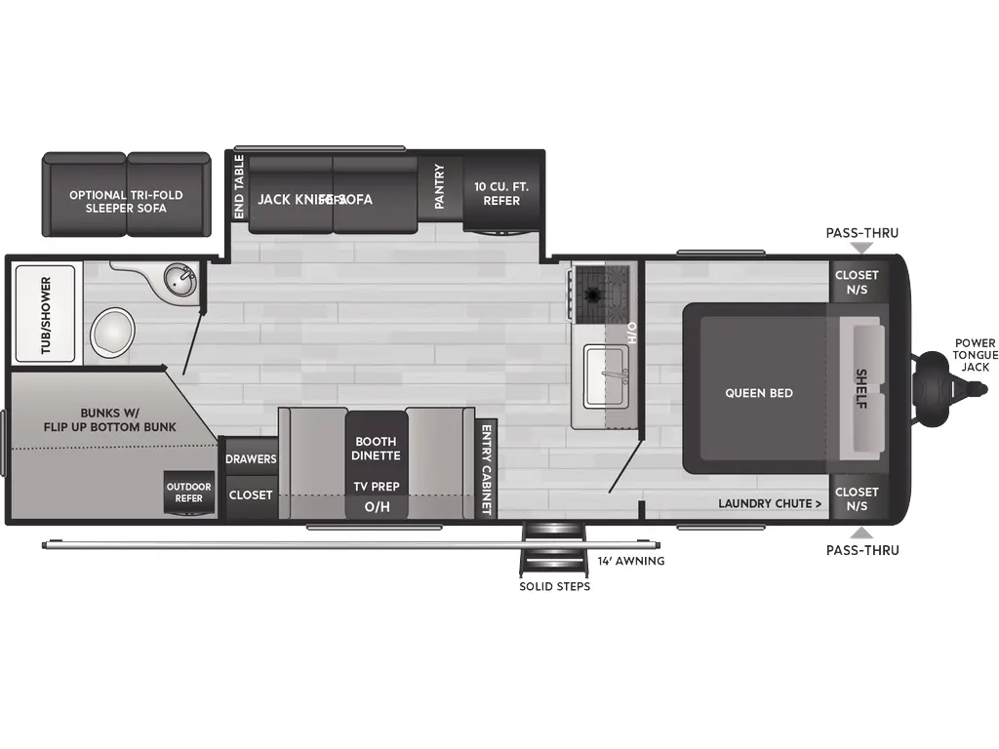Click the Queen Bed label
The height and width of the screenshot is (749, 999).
(x=758, y=393)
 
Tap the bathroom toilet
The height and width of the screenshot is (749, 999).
(x=113, y=332)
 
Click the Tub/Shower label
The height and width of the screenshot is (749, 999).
(x=45, y=314)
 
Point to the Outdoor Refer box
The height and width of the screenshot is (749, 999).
(x=188, y=493)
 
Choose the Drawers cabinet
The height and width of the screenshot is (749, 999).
(x=251, y=458)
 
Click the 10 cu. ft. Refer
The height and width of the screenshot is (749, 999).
(x=497, y=193)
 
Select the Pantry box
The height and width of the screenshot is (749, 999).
(x=439, y=185)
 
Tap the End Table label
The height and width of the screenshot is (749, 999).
(x=239, y=185)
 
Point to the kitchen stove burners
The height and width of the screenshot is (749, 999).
(x=594, y=289)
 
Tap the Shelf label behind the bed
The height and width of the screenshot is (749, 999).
(x=861, y=387)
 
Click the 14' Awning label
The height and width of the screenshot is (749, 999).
(x=631, y=561)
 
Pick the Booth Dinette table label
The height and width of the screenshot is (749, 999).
(x=376, y=449)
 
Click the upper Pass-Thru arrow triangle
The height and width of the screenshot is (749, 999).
(x=861, y=249)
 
